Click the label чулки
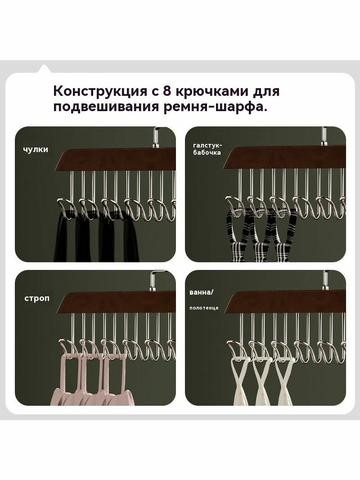(x=36, y=149)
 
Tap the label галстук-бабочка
(x=207, y=149)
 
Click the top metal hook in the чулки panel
(x=157, y=137)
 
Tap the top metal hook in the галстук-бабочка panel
(x=324, y=136)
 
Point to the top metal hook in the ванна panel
(x=325, y=280)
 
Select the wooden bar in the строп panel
(x=117, y=302)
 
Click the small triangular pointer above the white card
(x=44, y=68)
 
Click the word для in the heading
(x=266, y=91)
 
